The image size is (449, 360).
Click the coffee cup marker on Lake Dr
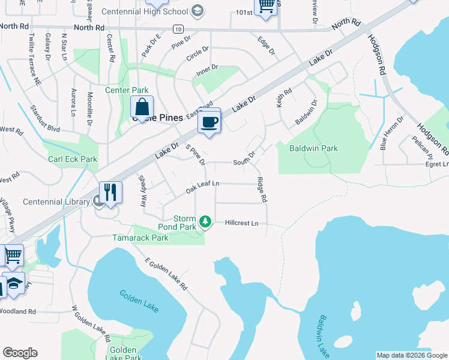(209, 122)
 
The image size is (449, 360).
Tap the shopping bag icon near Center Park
(142, 108)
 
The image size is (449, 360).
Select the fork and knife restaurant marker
(110, 193)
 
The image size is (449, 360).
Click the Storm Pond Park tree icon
(205, 222)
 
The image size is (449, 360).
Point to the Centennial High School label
(152, 11)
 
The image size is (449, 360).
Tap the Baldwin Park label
(313, 148)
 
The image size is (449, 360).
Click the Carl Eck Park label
(73, 160)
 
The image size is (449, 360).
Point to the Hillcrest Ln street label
(241, 223)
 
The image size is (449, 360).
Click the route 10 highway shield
(178, 29)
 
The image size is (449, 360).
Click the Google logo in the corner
(20, 353)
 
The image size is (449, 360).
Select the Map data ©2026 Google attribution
(412, 355)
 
